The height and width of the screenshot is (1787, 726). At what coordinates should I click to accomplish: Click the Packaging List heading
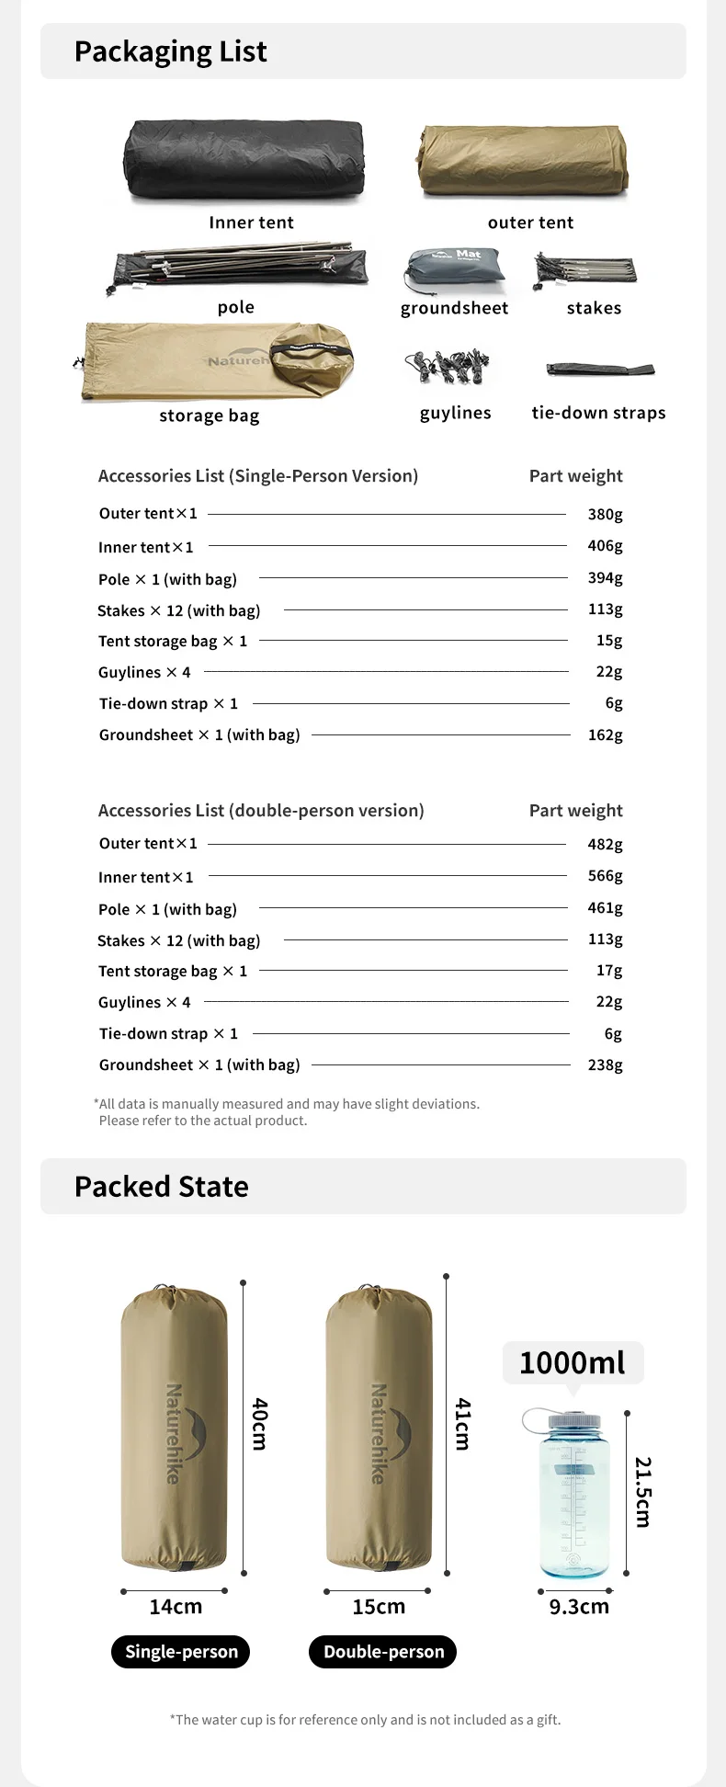(x=171, y=51)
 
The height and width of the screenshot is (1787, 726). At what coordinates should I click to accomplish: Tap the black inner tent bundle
(x=244, y=160)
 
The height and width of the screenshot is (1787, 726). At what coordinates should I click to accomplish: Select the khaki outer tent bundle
(x=524, y=161)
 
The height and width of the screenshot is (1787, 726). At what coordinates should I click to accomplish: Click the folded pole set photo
(x=239, y=266)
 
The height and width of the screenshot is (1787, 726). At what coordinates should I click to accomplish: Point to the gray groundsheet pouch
(x=454, y=269)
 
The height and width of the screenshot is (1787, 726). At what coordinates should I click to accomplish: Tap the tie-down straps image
(x=599, y=370)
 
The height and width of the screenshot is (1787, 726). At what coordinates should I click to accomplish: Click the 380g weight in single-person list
(x=605, y=514)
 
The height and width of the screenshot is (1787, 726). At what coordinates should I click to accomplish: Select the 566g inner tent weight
(x=605, y=876)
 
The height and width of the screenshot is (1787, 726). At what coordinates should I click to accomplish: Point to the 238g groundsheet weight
(x=605, y=1064)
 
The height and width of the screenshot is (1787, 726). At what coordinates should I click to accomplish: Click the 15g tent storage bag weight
(x=608, y=641)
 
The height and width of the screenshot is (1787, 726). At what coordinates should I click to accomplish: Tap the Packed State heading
(x=162, y=1187)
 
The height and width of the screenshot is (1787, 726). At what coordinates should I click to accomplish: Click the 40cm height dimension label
(x=261, y=1424)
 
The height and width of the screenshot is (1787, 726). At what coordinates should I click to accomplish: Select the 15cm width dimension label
(x=379, y=1606)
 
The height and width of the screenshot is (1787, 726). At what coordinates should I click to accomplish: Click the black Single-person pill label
(x=181, y=1651)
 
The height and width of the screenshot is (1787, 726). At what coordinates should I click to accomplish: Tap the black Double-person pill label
(x=383, y=1651)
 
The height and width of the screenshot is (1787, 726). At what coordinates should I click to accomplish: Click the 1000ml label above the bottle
(x=573, y=1362)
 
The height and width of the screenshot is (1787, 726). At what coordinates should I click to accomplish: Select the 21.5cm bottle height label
(x=643, y=1491)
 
